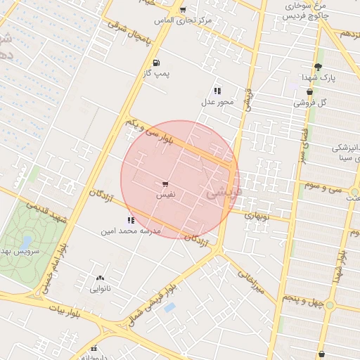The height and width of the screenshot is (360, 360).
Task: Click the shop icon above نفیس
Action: tap(165, 183)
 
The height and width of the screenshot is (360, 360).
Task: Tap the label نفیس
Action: tap(165, 193)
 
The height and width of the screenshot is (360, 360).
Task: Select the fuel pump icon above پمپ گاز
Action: tap(155, 63)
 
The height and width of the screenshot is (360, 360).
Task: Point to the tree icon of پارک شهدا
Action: tap(318, 67)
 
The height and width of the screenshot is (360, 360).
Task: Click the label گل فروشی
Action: tap(312, 103)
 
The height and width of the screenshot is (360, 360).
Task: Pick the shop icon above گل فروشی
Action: tap(309, 92)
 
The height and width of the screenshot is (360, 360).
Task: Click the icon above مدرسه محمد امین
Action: tap(130, 220)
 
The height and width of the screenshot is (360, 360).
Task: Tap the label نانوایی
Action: tap(100, 288)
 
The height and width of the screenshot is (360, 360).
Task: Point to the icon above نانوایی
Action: tap(99, 278)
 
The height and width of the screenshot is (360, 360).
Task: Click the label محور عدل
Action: tap(218, 102)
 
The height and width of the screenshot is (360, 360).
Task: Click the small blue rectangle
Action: tap(169, 307)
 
